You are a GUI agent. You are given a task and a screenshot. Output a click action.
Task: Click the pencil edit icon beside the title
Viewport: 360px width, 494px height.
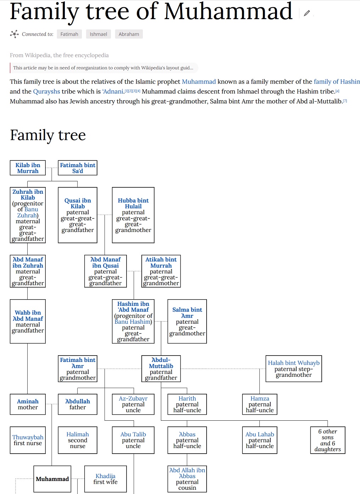pos(307,13)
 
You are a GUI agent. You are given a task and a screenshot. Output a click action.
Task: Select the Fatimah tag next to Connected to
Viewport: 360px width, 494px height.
pos(69,34)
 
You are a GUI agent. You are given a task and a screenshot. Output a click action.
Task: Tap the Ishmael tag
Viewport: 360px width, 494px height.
pos(98,34)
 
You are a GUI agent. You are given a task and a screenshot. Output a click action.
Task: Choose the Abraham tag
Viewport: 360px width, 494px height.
pos(129,34)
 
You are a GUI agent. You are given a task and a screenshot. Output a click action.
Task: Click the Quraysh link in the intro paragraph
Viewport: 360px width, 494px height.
pos(46,91)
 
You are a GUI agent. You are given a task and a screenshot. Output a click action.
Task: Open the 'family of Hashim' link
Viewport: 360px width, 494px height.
pos(336,81)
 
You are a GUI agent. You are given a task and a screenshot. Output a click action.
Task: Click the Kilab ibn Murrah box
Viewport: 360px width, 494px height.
pos(28,168)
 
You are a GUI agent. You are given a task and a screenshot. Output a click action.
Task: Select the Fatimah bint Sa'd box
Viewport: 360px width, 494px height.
pos(78,168)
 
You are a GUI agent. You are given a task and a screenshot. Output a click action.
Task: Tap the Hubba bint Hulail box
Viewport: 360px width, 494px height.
pos(133,215)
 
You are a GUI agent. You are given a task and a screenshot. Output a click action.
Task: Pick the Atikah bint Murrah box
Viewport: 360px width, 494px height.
pos(161,271)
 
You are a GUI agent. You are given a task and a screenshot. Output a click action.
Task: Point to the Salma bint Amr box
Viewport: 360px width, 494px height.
pos(187,321)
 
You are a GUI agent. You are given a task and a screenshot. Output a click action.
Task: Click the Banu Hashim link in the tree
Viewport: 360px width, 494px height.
pos(133,322)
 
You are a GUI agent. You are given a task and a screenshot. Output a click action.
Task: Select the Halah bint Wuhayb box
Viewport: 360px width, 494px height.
pos(294,369)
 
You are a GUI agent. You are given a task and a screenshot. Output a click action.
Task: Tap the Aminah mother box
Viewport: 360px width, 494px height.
pos(28,404)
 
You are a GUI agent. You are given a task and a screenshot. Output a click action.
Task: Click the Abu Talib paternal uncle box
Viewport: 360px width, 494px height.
pos(133,440)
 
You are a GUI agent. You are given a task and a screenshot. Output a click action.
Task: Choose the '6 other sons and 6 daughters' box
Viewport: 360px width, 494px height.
pos(327,440)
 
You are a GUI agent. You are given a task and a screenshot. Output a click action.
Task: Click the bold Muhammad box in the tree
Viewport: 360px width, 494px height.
pos(52,479)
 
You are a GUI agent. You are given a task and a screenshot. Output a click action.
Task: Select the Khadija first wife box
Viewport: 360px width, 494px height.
pos(105,479)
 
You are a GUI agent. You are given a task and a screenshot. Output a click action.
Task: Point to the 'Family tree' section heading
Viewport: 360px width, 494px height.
pos(48,135)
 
